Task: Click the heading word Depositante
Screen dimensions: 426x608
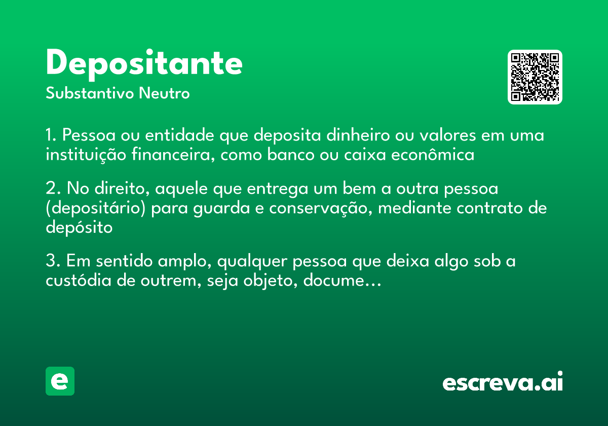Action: click(x=144, y=64)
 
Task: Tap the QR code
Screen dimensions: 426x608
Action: click(x=535, y=77)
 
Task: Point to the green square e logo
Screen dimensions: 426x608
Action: click(x=60, y=381)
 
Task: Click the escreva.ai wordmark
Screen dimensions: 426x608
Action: click(x=503, y=382)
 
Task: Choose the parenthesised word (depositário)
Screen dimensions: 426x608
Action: click(x=98, y=208)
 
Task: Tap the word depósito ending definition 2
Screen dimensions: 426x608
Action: click(x=79, y=227)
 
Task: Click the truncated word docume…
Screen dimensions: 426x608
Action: click(x=341, y=280)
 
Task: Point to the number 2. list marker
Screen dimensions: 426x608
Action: click(x=53, y=189)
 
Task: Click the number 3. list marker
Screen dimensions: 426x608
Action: click(x=53, y=262)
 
